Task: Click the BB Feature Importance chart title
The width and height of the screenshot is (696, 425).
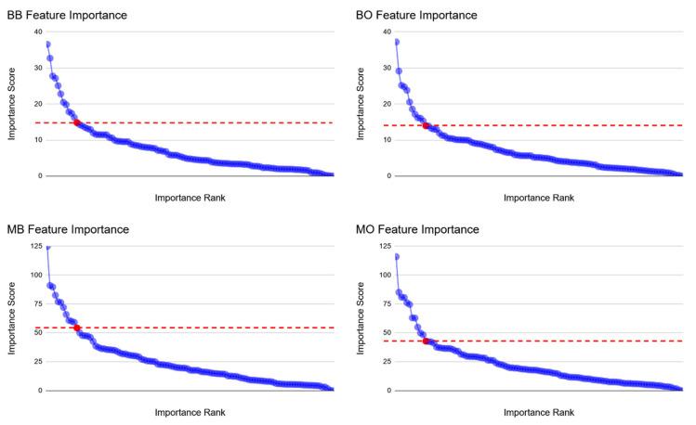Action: pyautogui.click(x=66, y=16)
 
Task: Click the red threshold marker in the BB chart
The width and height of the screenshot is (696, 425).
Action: pyautogui.click(x=76, y=122)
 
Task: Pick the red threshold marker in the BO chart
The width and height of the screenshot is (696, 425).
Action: pyautogui.click(x=426, y=125)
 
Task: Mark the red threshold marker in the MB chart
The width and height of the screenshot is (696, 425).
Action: pyautogui.click(x=76, y=328)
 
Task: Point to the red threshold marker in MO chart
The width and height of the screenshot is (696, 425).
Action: pyautogui.click(x=426, y=341)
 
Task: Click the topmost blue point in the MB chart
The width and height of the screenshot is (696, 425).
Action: pyautogui.click(x=47, y=248)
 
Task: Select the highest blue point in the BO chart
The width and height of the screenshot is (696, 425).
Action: pyautogui.click(x=397, y=42)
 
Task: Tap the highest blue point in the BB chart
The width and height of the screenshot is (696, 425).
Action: pyautogui.click(x=47, y=45)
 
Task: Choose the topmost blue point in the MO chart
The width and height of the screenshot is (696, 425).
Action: pyautogui.click(x=397, y=257)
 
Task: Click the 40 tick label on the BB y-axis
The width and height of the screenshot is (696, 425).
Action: pyautogui.click(x=37, y=32)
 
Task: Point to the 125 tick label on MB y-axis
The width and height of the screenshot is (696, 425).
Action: pyautogui.click(x=35, y=247)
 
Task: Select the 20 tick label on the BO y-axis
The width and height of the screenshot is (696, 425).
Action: pyautogui.click(x=387, y=104)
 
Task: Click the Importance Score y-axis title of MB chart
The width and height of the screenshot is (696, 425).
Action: pyautogui.click(x=11, y=318)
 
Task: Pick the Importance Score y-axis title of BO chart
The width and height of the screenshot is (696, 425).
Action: pyautogui.click(x=361, y=104)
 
